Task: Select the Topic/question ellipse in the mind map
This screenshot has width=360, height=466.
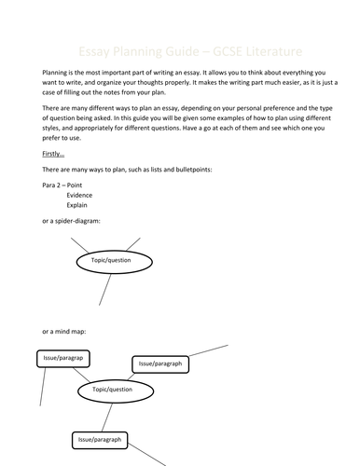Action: pyautogui.click(x=118, y=389)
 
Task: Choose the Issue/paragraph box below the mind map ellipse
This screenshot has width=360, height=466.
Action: pyautogui.click(x=99, y=439)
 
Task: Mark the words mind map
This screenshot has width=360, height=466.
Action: pyautogui.click(x=68, y=331)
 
